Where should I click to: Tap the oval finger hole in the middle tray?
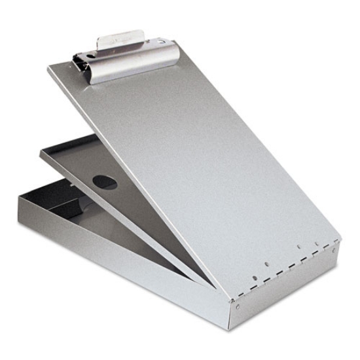point(105,182)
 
